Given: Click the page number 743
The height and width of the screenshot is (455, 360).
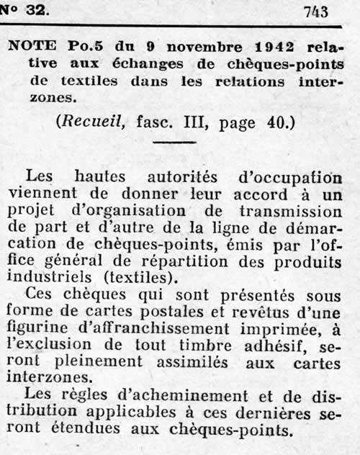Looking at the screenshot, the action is click(x=316, y=11).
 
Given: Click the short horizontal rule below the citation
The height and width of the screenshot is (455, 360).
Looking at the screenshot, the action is click(x=174, y=143).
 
